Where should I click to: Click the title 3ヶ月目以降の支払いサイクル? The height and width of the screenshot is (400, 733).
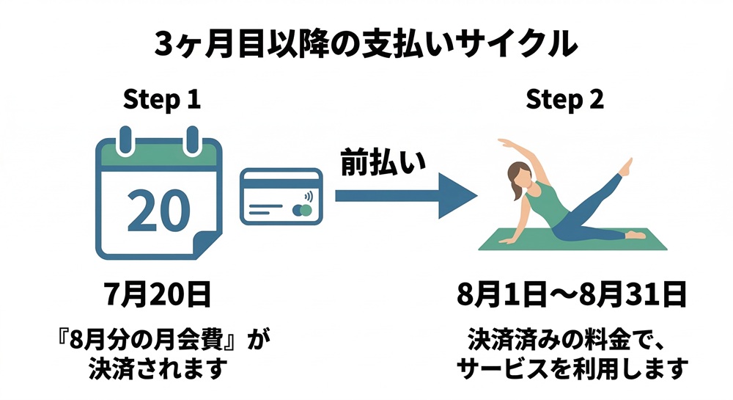pos(366,45)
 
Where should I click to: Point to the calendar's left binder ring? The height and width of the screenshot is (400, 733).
pos(125,138)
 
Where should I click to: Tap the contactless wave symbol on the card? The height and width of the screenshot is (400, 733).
pos(306,197)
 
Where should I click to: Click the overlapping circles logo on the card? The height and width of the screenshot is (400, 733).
pos(301,211)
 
